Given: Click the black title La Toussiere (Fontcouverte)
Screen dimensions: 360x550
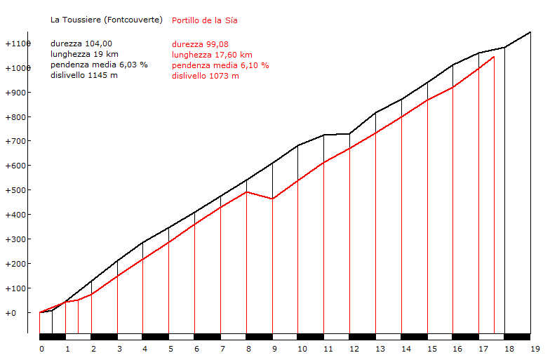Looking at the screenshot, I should point(106,20).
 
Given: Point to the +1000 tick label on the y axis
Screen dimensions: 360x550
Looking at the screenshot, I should point(18,68).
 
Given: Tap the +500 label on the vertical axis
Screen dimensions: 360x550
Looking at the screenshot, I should point(18,190).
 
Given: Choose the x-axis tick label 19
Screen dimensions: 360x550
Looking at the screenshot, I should point(535,348).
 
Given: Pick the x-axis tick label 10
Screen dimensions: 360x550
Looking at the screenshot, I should point(302,348).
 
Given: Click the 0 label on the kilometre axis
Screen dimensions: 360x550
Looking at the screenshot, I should point(41,348).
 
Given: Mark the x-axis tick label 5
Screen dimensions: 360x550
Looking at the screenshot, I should point(170,348).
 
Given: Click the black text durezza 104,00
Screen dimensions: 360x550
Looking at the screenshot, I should point(81,44).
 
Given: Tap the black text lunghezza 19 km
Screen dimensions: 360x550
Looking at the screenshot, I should point(84,54).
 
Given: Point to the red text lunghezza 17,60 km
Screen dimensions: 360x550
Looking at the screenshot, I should point(212,55).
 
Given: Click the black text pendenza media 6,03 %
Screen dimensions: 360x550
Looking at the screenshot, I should point(99,65).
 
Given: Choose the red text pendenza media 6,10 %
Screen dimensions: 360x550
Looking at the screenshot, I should point(220,65).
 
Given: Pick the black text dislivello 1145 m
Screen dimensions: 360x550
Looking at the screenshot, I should point(84,75).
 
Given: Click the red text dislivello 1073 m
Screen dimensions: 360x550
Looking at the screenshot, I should point(206,76).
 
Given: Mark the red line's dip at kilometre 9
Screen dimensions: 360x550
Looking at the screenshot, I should point(272,199).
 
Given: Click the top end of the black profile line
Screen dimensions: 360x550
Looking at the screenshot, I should point(530,32).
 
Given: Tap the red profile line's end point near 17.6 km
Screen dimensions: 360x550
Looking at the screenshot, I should point(494,57).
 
